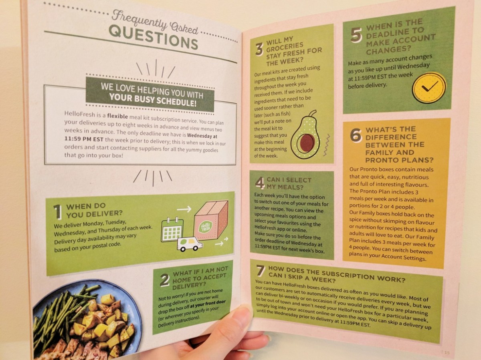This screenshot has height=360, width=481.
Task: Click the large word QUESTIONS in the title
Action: click(154, 37)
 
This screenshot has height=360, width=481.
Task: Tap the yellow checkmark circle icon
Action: click(429, 88)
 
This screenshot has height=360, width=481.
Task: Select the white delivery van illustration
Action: click(190, 243)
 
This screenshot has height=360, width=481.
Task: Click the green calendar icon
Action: click(172, 229)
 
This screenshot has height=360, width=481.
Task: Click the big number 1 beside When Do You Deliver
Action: click(58, 211)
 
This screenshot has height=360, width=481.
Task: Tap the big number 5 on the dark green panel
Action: click(356, 34)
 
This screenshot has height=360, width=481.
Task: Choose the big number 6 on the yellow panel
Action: click(356, 135)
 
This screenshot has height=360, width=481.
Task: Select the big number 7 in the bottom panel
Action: click(261, 271)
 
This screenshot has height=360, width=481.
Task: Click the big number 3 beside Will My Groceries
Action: click(259, 49)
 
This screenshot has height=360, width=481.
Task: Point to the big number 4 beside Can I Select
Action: click(260, 182)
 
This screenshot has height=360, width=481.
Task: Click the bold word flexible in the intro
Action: click(117, 116)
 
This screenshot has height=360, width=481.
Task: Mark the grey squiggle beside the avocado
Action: click(326, 145)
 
